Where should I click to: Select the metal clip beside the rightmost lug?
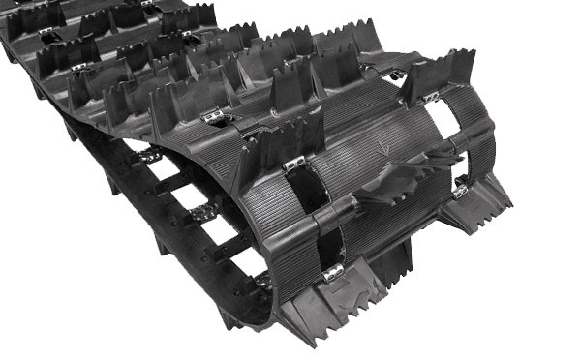click(x=459, y=190)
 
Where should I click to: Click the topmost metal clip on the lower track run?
click(x=149, y=156)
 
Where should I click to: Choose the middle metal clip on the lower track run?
click(x=201, y=213)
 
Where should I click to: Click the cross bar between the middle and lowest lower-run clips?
click(x=230, y=250)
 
